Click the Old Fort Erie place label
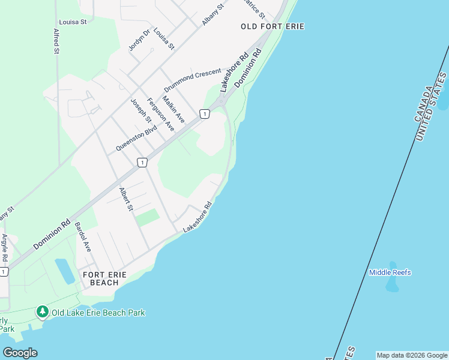coord(273,26)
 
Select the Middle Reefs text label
coord(390,272)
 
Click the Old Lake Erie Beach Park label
coord(98,313)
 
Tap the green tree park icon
coord(42,311)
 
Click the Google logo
coord(20,352)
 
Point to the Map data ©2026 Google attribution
coord(411,355)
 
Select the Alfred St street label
coord(56,41)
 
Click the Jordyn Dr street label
coord(137,40)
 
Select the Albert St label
coord(125,199)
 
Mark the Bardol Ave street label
coord(82,236)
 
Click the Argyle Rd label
coord(5,248)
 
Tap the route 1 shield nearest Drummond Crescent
coord(204,113)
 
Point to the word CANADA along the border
coord(423,104)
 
